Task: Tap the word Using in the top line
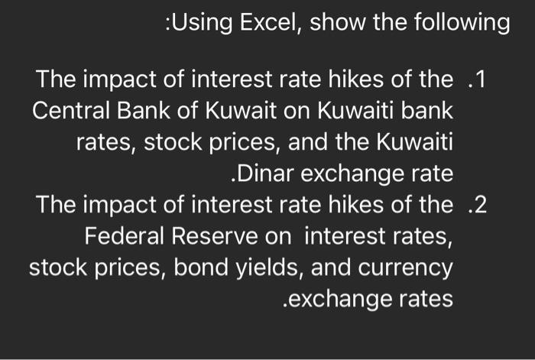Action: (196, 24)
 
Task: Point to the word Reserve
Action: (218, 237)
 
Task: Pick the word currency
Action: (407, 268)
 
